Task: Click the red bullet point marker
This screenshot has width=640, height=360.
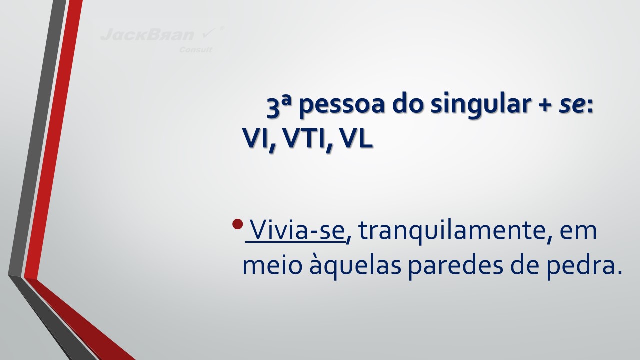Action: click(x=237, y=224)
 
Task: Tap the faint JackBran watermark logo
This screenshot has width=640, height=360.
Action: click(x=147, y=35)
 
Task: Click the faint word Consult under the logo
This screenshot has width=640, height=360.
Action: click(x=195, y=50)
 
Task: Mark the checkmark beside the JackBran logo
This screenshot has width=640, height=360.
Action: click(x=211, y=33)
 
